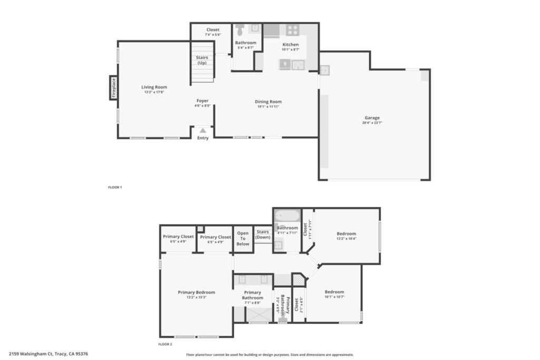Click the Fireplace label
tap(113, 88)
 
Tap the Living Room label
tap(154, 87)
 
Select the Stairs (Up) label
tap(202, 60)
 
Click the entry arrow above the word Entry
tap(202, 130)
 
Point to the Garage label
tap(372, 118)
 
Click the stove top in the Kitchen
tap(293, 30)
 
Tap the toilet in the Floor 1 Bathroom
tap(240, 29)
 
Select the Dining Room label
tap(268, 102)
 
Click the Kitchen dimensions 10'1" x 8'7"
tap(291, 50)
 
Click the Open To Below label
tap(243, 238)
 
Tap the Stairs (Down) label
tap(263, 234)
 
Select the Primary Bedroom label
tap(196, 293)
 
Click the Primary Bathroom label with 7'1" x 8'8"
tap(253, 295)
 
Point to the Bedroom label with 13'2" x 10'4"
tap(346, 233)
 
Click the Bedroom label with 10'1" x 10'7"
tap(334, 292)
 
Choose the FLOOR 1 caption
tap(114, 187)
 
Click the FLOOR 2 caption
tap(165, 344)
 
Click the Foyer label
tap(202, 101)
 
